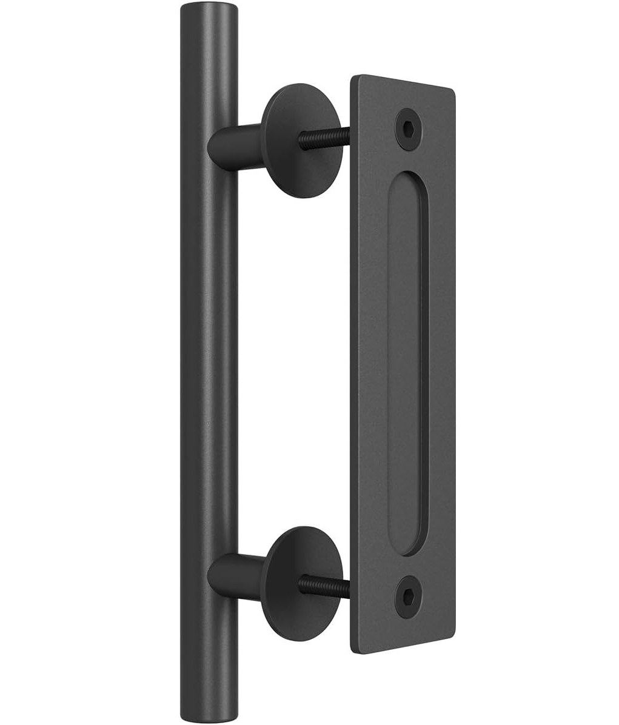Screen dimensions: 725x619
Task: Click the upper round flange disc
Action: coord(301,141)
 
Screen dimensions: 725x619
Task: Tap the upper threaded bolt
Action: coord(324,138)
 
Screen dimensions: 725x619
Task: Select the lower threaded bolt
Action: coord(324,583)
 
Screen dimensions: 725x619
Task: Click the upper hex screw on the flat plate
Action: coord(410,129)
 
